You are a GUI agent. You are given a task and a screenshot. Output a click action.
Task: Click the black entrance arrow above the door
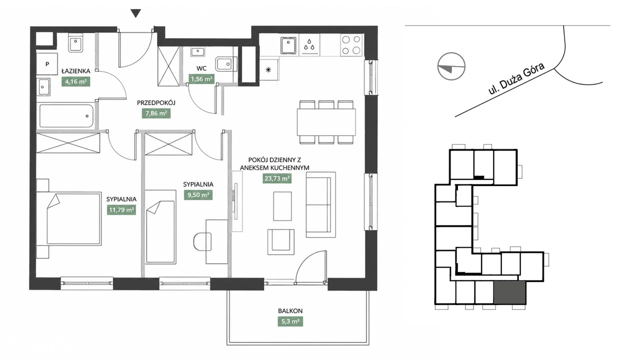(x=135, y=13)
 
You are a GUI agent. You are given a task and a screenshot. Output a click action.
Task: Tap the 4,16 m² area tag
(x=75, y=81)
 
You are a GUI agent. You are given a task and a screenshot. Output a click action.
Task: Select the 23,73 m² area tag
(x=277, y=178)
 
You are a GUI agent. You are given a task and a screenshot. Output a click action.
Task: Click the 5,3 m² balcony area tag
(x=290, y=321)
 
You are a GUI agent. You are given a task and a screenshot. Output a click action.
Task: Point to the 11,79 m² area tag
(x=121, y=210)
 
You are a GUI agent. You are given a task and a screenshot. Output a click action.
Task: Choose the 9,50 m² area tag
(x=198, y=195)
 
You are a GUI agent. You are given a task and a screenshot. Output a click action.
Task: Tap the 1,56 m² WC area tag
(x=201, y=79)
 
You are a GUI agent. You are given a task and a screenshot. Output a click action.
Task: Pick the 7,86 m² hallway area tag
(x=156, y=113)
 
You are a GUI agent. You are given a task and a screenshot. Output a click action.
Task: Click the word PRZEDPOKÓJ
(x=156, y=102)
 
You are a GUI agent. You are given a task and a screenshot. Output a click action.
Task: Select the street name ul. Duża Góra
(x=516, y=78)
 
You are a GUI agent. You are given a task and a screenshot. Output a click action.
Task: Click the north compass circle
(x=451, y=66)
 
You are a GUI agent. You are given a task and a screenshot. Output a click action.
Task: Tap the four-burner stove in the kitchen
(x=351, y=45)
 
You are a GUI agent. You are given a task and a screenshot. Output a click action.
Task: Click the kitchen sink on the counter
(x=288, y=45)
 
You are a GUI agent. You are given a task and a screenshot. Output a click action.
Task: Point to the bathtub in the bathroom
(x=66, y=115)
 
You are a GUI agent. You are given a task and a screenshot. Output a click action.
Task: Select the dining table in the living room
(x=326, y=122)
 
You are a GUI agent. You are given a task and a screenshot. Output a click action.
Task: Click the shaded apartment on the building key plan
(x=509, y=292)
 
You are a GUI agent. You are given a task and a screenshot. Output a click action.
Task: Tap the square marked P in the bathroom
(x=47, y=64)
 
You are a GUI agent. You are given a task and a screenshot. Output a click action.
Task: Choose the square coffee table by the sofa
(x=282, y=206)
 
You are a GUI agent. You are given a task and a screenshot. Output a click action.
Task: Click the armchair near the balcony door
(x=281, y=241)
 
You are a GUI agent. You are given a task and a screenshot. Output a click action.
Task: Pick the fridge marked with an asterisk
(x=268, y=69)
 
